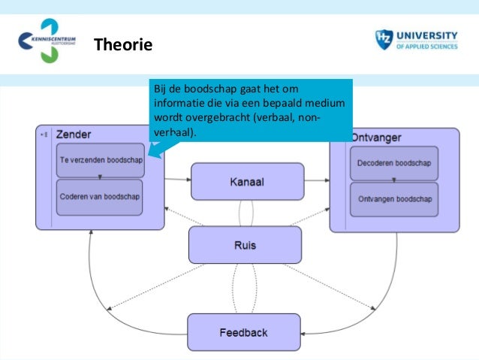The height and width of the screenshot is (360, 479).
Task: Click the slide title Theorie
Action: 122,46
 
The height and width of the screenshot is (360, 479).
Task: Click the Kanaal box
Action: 246,181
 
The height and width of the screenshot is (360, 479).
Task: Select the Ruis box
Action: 245,244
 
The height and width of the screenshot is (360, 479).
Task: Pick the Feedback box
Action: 243,331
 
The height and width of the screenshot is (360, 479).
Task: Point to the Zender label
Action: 74,135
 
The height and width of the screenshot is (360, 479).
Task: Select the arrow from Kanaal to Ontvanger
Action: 316,180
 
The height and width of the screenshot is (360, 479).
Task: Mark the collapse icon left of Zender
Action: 45,135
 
